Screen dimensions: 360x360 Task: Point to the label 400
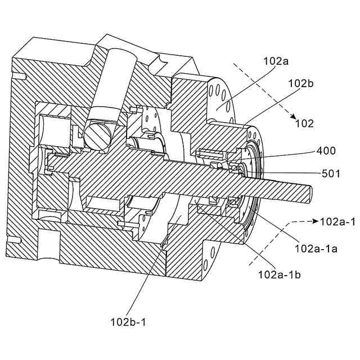pyautogui.click(x=326, y=151)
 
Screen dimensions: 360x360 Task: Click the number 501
pyautogui.click(x=330, y=174)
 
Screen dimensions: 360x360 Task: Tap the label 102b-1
pyautogui.click(x=128, y=322)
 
